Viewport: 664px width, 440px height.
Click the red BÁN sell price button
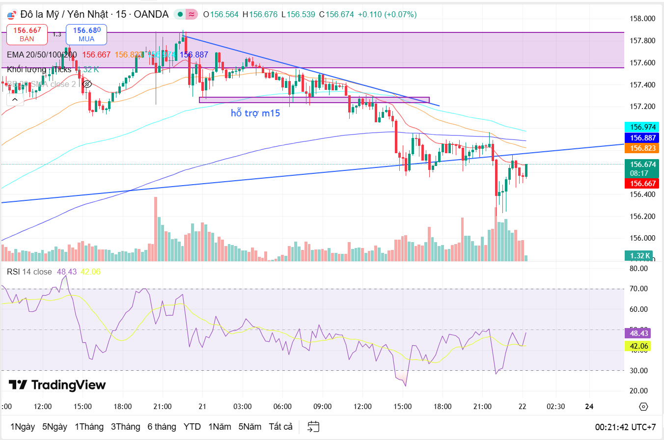click(27, 34)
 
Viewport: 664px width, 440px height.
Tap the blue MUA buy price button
click(86, 34)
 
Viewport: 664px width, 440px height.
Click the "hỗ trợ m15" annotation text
click(255, 113)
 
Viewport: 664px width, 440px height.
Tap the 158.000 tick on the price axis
click(642, 19)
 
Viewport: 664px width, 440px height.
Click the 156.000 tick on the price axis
click(642, 238)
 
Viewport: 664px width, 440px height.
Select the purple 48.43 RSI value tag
click(640, 333)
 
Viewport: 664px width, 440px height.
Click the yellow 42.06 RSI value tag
click(640, 346)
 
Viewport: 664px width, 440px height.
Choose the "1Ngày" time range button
click(23, 426)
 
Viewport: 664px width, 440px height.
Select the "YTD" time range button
click(192, 426)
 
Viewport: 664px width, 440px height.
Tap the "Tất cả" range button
click(280, 426)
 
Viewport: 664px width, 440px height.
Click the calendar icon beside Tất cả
click(313, 426)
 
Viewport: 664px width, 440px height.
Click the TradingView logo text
click(57, 385)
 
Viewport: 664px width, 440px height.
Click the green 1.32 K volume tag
click(638, 255)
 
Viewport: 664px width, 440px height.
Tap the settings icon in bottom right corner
click(643, 407)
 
